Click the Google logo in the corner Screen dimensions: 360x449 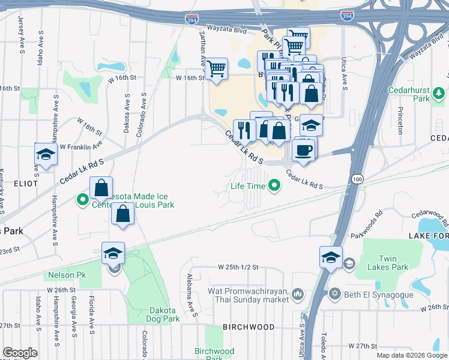[x=20, y=353]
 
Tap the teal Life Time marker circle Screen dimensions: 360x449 [x=275, y=185]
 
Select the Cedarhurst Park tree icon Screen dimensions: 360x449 [x=439, y=93]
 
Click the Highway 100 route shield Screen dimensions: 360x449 [x=358, y=179]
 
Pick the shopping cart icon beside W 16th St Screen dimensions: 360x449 [x=215, y=68]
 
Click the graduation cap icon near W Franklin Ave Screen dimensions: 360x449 [x=45, y=154]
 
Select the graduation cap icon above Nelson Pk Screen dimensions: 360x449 [x=113, y=253]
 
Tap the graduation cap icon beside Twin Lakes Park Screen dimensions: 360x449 [x=331, y=257]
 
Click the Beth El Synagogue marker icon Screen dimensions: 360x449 [x=335, y=293]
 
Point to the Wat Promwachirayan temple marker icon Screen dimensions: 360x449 [x=298, y=293]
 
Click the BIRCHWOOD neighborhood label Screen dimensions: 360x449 [x=249, y=327]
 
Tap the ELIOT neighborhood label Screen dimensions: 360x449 [x=23, y=183]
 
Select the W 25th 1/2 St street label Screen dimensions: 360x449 [x=238, y=266]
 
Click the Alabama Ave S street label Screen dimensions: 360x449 [x=192, y=295]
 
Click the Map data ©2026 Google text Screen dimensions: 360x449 [x=411, y=355]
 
